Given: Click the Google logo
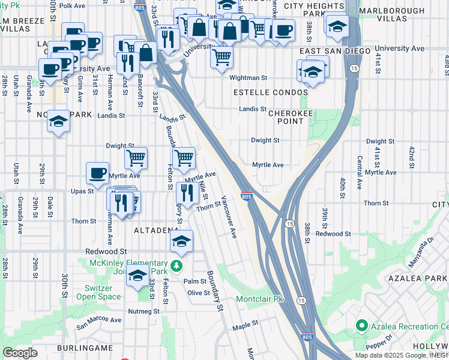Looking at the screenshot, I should [20, 353].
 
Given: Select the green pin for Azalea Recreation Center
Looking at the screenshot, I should [361, 326].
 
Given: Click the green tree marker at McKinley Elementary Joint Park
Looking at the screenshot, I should [176, 265].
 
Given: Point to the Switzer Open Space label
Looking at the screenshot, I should [98, 292].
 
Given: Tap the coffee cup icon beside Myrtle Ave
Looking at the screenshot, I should [97, 173].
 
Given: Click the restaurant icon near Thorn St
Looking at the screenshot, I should [187, 192].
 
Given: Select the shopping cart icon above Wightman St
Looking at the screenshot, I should [222, 58].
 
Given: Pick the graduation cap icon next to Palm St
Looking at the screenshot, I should [137, 276].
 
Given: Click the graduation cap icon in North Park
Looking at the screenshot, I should [59, 122].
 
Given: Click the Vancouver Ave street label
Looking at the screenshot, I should [229, 217].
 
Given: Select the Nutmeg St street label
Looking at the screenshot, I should [143, 311].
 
